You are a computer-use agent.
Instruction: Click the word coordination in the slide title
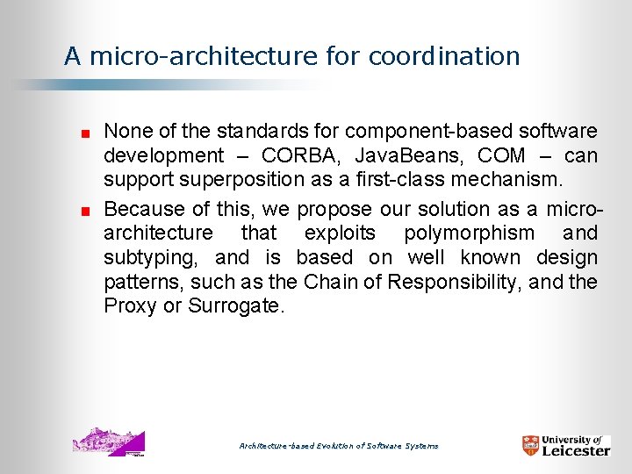click(444, 57)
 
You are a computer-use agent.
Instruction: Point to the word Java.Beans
click(405, 156)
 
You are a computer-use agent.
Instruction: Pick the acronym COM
click(502, 156)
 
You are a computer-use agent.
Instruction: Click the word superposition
click(227, 181)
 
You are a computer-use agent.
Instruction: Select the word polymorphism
click(469, 233)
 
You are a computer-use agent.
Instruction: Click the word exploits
click(340, 233)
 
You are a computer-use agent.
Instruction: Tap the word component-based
click(417, 132)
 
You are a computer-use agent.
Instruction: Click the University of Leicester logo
click(565, 445)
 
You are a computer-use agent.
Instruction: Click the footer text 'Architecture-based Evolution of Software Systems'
click(339, 446)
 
